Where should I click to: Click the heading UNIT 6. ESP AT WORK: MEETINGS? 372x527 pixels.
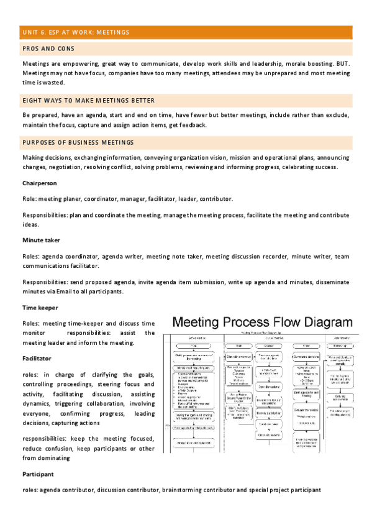click(x=76, y=32)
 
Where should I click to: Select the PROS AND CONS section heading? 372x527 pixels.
click(x=48, y=48)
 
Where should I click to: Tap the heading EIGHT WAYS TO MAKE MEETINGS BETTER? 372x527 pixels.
click(x=89, y=100)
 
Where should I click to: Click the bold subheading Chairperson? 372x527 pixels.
click(x=40, y=183)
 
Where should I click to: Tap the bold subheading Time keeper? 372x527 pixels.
click(x=40, y=308)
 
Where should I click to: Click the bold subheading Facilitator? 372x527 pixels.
click(x=37, y=359)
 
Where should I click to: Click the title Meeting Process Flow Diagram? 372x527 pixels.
click(x=262, y=323)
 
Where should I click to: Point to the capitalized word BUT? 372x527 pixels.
click(x=342, y=64)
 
